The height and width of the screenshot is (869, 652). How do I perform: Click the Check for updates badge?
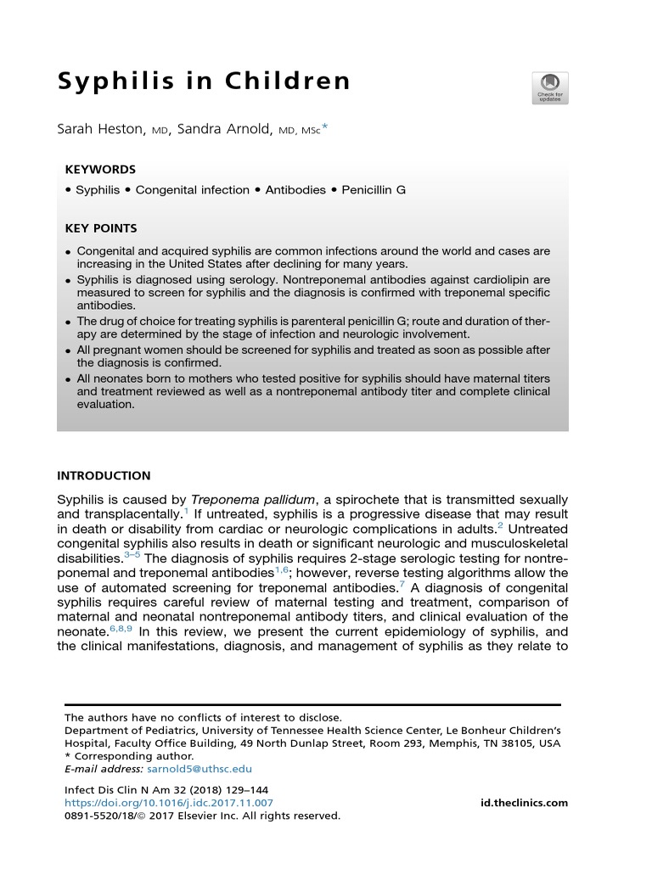[x=550, y=87]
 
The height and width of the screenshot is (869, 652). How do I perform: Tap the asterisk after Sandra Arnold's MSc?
[x=323, y=128]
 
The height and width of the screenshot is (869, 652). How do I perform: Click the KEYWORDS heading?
[x=100, y=170]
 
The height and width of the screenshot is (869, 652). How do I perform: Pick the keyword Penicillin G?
[x=374, y=190]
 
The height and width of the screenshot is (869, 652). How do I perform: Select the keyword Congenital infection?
[x=193, y=190]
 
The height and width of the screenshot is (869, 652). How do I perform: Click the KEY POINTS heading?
[x=101, y=228]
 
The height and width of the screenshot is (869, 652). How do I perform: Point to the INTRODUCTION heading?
[x=104, y=476]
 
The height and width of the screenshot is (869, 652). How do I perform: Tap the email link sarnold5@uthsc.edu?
[x=200, y=769]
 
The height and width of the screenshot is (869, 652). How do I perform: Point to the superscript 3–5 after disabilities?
[x=134, y=554]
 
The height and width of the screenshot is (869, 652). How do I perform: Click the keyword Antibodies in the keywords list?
[x=295, y=190]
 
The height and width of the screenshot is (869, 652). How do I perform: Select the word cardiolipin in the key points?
[x=500, y=278]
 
